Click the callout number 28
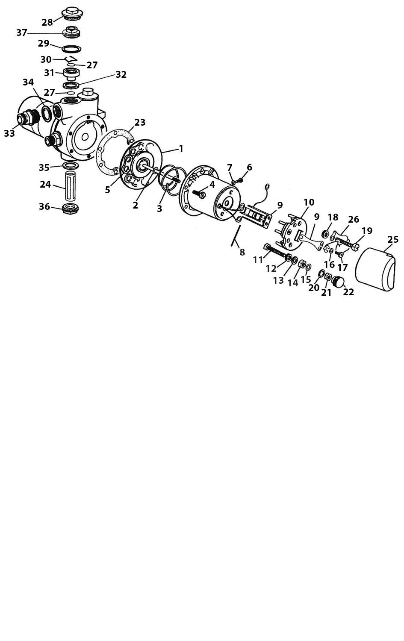pos(47,22)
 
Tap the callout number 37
pos(21,33)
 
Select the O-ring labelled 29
pos(71,49)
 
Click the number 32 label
pos(121,74)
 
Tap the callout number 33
pos(9,133)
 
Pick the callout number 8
pos(242,252)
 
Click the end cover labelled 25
pos(375,268)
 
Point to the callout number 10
pos(309,202)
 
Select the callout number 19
pos(367,231)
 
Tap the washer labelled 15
pos(309,268)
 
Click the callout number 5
pos(107,190)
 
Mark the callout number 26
pos(354,219)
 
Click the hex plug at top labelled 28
pos(72,13)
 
